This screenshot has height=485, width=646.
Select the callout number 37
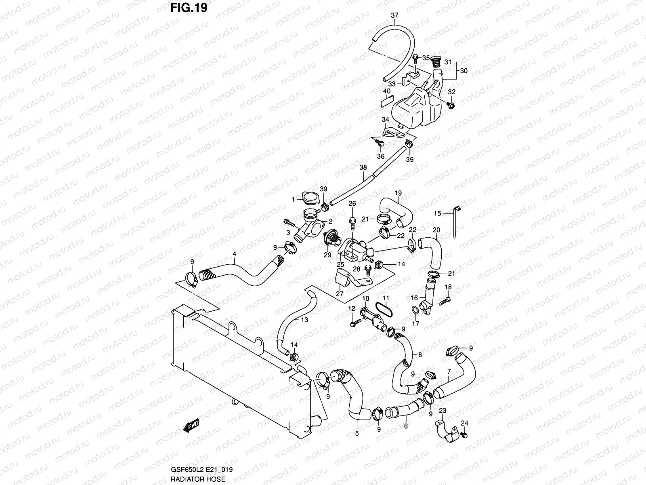[394, 16]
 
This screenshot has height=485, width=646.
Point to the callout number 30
[464, 71]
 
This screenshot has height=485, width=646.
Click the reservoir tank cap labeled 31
[436, 62]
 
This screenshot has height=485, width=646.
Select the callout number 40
[387, 91]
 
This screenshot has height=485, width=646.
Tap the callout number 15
[438, 213]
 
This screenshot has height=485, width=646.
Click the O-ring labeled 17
[414, 311]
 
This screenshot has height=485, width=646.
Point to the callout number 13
[304, 320]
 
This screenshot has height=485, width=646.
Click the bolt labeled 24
[464, 435]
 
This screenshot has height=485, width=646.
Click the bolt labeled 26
[352, 220]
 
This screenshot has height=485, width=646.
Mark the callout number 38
[363, 167]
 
